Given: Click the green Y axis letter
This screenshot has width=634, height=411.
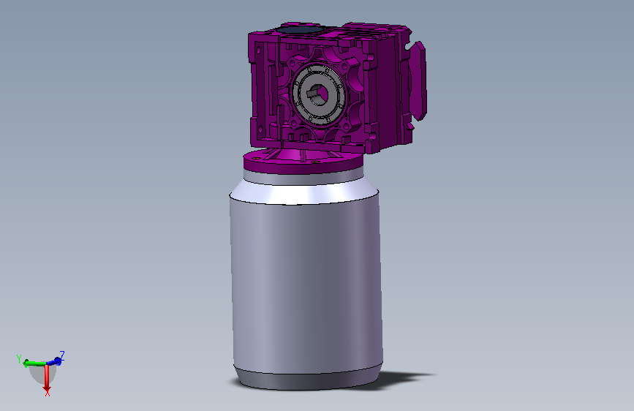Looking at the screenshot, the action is click(x=18, y=359).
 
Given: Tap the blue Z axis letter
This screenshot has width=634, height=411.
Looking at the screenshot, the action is click(x=62, y=355).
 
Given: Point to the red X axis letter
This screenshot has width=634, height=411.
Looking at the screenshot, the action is click(x=48, y=393).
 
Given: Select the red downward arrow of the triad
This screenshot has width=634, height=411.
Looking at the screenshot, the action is click(x=47, y=377).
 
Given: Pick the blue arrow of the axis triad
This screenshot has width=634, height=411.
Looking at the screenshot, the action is click(x=54, y=361).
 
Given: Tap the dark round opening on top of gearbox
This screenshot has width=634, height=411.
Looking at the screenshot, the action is click(x=300, y=29).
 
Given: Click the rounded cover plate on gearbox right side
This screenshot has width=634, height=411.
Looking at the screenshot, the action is click(x=418, y=81).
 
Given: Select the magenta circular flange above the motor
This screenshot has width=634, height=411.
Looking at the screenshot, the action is click(x=303, y=161).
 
